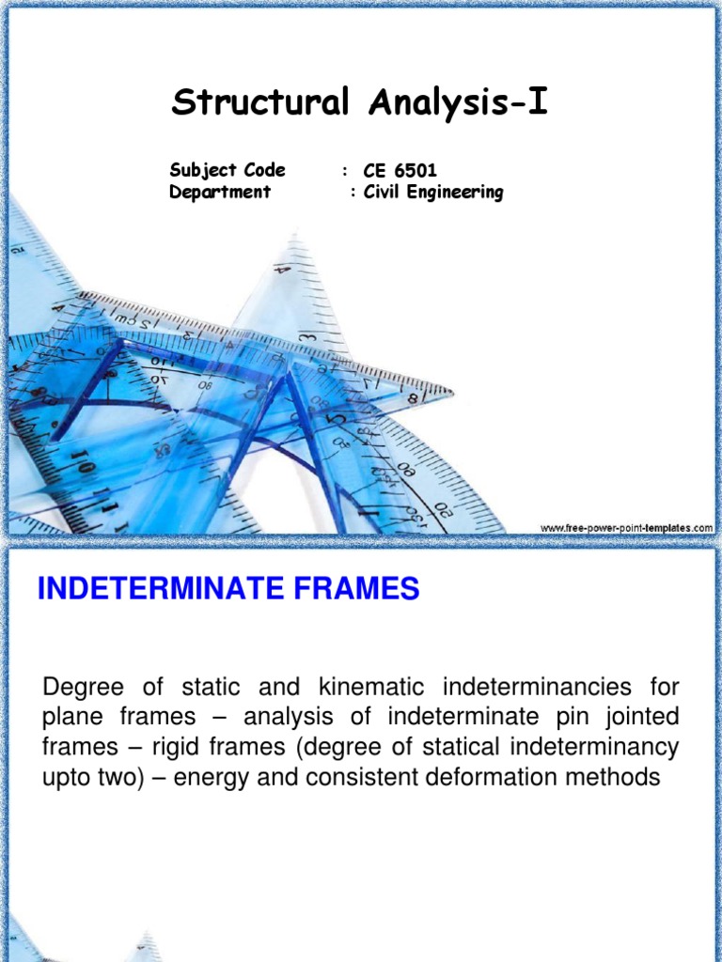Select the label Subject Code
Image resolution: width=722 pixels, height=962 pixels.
[228, 170]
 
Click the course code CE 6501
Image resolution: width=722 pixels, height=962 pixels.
[400, 171]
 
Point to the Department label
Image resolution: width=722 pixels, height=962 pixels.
[220, 192]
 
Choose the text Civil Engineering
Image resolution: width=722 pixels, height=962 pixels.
[432, 193]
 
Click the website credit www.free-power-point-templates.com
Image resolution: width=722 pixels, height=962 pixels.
[626, 529]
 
